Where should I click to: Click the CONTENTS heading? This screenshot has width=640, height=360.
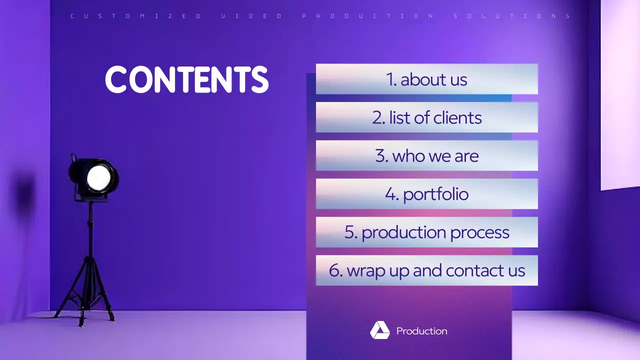point(186,80)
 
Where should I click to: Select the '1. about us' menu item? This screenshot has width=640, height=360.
point(426,79)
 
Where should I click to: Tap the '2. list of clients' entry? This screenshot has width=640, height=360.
point(426,117)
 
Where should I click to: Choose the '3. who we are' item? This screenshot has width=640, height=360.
point(426,155)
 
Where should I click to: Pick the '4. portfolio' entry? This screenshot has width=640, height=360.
point(426,194)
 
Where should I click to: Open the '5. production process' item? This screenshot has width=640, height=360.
point(426,232)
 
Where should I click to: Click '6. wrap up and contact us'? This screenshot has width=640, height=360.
point(426,270)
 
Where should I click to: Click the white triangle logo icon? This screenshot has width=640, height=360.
point(379,330)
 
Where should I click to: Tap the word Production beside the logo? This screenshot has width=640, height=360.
point(421,331)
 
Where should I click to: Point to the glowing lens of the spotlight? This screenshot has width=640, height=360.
point(98,177)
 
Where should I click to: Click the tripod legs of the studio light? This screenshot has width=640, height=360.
point(85,295)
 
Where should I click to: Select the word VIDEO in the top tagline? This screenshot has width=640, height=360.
point(251,16)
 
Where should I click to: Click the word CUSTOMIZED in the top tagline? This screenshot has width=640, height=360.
point(135,16)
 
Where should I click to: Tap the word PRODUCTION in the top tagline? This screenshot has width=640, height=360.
point(368,16)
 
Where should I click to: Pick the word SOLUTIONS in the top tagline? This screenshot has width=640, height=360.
point(512,16)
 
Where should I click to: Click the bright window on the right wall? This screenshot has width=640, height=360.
point(620,95)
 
